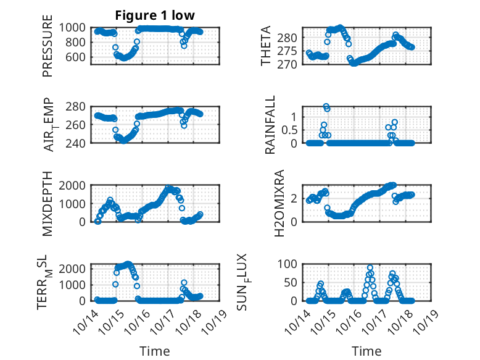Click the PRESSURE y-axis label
48,50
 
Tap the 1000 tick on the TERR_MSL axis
75,285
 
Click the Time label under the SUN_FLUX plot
366,351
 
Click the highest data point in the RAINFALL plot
326,106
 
